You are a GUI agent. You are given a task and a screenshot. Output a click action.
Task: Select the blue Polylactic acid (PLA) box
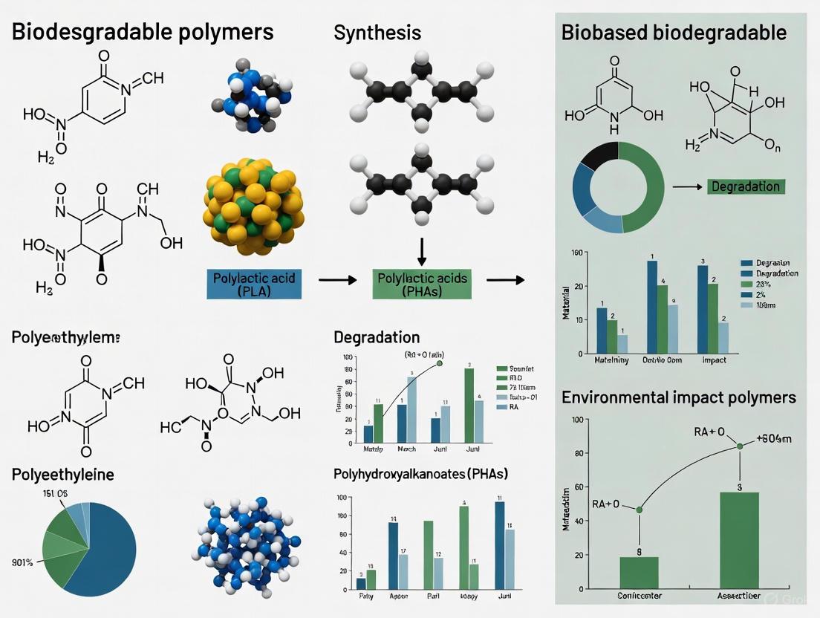pos(255,284)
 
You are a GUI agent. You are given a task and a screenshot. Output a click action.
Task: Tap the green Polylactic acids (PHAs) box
pos(422,284)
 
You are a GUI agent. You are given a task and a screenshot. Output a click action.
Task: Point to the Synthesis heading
pos(377,33)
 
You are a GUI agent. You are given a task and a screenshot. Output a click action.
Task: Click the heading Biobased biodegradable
pos(674,33)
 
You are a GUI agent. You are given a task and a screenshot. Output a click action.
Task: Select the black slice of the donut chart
pos(596,158)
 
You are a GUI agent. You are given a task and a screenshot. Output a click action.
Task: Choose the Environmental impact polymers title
pos(679,397)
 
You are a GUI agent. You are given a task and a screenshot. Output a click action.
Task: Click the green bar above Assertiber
pos(739,540)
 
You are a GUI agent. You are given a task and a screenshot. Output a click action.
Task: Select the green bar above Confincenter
pos(639,572)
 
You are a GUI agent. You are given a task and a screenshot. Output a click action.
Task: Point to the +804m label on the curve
pos(774,438)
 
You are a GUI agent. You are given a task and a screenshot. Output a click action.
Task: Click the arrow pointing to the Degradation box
pos(688,187)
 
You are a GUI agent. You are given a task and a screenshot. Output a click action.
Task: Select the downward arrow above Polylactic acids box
pos(421,255)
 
